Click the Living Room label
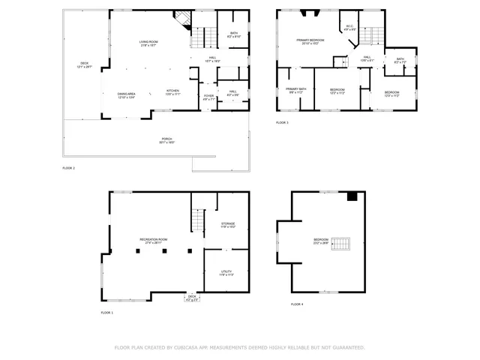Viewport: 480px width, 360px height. (148, 43)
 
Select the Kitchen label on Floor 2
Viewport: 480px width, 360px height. (172, 91)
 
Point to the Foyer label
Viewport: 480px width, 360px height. (208, 95)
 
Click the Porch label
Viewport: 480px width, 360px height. (166, 140)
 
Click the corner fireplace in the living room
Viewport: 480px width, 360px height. (180, 19)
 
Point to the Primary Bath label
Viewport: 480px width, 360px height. (296, 90)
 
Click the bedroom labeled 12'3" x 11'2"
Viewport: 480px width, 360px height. (337, 90)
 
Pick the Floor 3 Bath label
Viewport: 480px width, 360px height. (400, 60)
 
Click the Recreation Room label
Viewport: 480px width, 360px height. (153, 240)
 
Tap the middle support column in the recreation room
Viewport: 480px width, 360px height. (164, 250)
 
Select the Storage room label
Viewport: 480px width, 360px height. (228, 223)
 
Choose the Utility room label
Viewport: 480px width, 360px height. (226, 272)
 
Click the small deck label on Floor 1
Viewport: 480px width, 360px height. (193, 297)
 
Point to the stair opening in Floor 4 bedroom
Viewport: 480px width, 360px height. (341, 244)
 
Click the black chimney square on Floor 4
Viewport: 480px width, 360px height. (352, 196)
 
